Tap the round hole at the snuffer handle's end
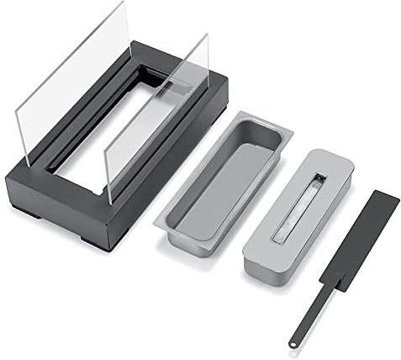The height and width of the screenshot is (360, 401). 293,342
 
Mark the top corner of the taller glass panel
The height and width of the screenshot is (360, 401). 124,5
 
